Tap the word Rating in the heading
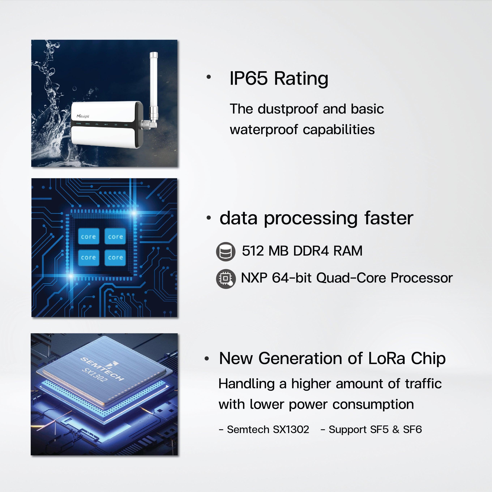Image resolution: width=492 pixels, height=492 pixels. point(301,79)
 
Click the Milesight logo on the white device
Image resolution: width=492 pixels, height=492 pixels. point(83,116)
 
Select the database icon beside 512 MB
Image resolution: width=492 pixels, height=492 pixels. point(225,251)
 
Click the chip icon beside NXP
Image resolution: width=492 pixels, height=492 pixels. point(225,278)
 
